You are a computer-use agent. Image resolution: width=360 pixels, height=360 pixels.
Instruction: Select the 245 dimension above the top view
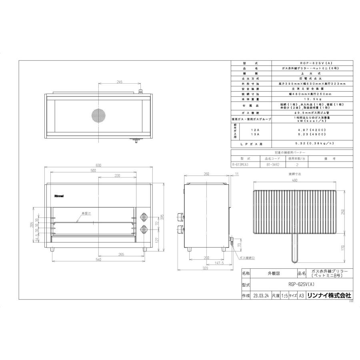[119, 82]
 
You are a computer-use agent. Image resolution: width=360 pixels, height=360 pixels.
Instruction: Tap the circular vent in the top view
[98, 115]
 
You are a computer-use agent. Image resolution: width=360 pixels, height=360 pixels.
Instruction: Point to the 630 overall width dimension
[98, 165]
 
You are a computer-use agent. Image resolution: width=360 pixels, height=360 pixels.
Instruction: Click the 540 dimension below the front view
[98, 260]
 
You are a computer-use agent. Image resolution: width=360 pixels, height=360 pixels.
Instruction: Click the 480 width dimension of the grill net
[294, 180]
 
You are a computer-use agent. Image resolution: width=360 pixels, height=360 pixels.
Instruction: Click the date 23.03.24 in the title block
[260, 296]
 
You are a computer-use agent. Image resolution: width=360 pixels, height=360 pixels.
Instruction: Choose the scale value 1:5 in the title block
[284, 296]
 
